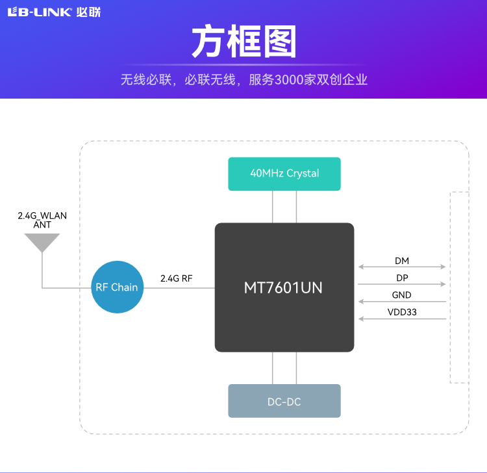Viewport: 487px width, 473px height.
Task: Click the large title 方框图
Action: (x=243, y=43)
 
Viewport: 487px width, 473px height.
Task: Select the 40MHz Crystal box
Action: (x=284, y=174)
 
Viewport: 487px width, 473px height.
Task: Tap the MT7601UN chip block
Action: (x=284, y=287)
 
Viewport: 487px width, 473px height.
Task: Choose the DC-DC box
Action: (x=284, y=401)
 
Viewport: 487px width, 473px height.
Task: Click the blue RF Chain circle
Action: (x=116, y=287)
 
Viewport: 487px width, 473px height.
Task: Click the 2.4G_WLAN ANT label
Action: (x=42, y=220)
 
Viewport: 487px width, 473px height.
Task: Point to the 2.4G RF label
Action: (x=177, y=278)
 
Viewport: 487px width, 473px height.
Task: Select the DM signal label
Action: (x=402, y=261)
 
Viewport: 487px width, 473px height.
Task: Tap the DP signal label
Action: (x=402, y=278)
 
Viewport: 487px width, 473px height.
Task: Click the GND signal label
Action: (x=402, y=295)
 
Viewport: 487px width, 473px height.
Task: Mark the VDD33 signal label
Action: (x=402, y=312)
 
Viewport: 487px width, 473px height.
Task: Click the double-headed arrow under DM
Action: (x=402, y=267)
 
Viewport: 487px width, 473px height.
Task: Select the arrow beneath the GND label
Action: (x=402, y=302)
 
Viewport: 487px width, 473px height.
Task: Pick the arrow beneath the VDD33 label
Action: (x=402, y=319)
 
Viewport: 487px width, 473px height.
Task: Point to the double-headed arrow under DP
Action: (x=402, y=284)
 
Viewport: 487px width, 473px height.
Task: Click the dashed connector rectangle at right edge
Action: (x=459, y=287)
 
